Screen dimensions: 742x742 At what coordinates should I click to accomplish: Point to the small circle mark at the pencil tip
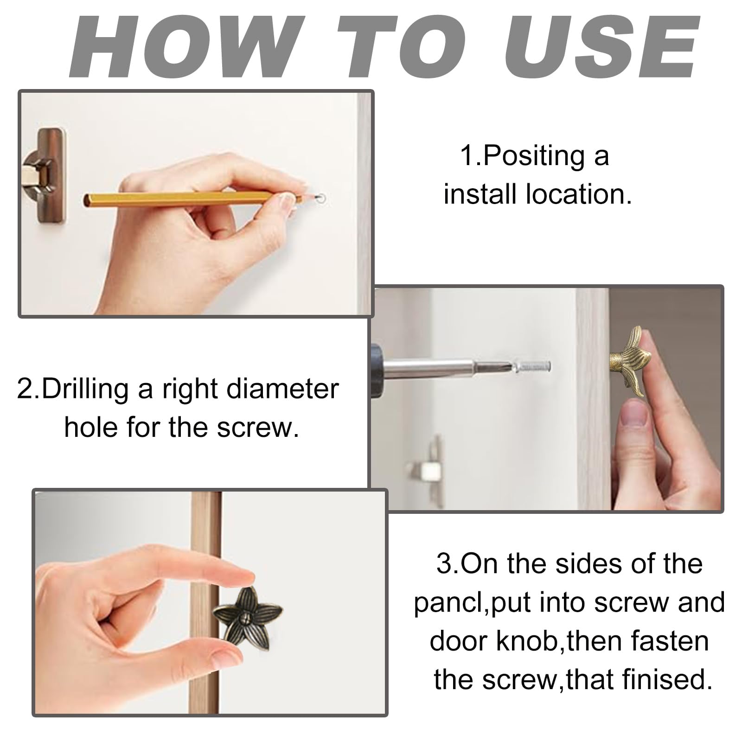[x=320, y=198]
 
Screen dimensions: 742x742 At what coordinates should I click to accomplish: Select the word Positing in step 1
[x=534, y=156]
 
